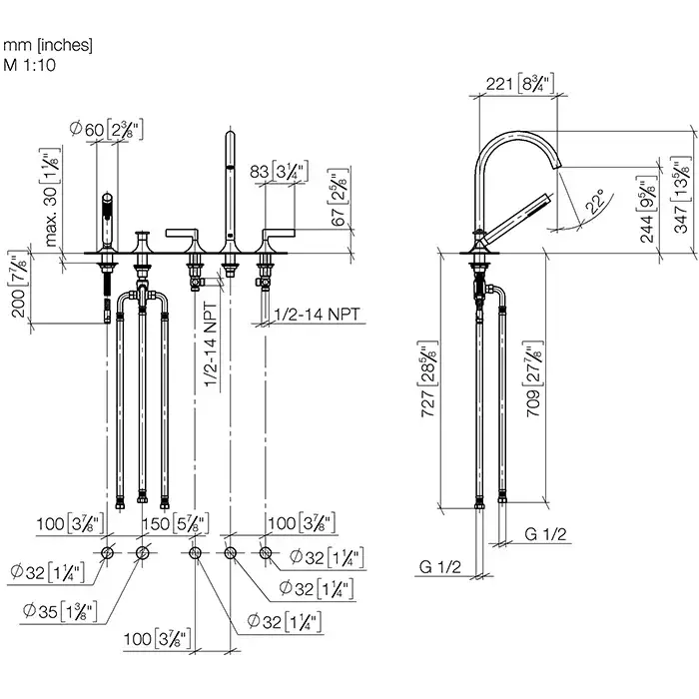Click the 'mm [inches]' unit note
tap(48, 45)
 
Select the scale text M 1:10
tap(31, 65)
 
